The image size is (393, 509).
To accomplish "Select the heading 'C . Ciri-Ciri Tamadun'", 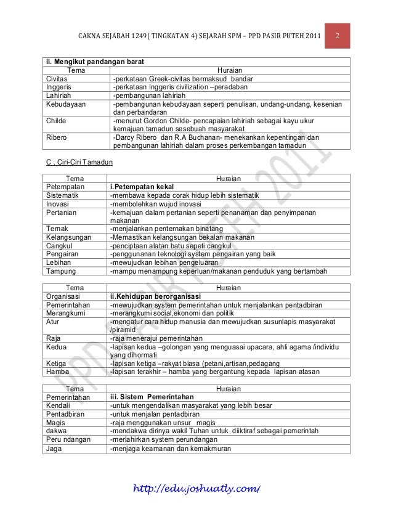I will (x=76, y=162).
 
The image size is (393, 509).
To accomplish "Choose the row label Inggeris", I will (x=57, y=88).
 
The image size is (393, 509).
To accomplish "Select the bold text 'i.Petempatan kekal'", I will (x=141, y=187).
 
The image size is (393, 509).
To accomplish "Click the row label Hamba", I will (x=57, y=372).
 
